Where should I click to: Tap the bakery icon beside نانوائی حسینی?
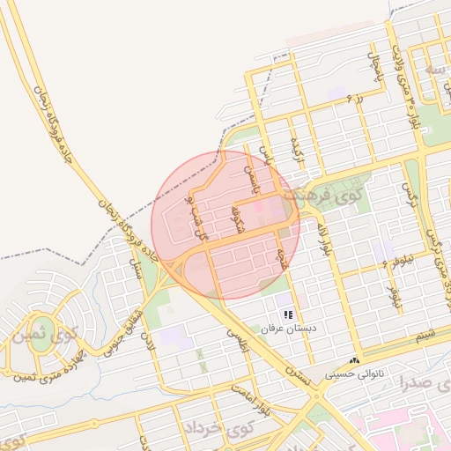click(x=355, y=360)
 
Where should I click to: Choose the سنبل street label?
click(x=137, y=270)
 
